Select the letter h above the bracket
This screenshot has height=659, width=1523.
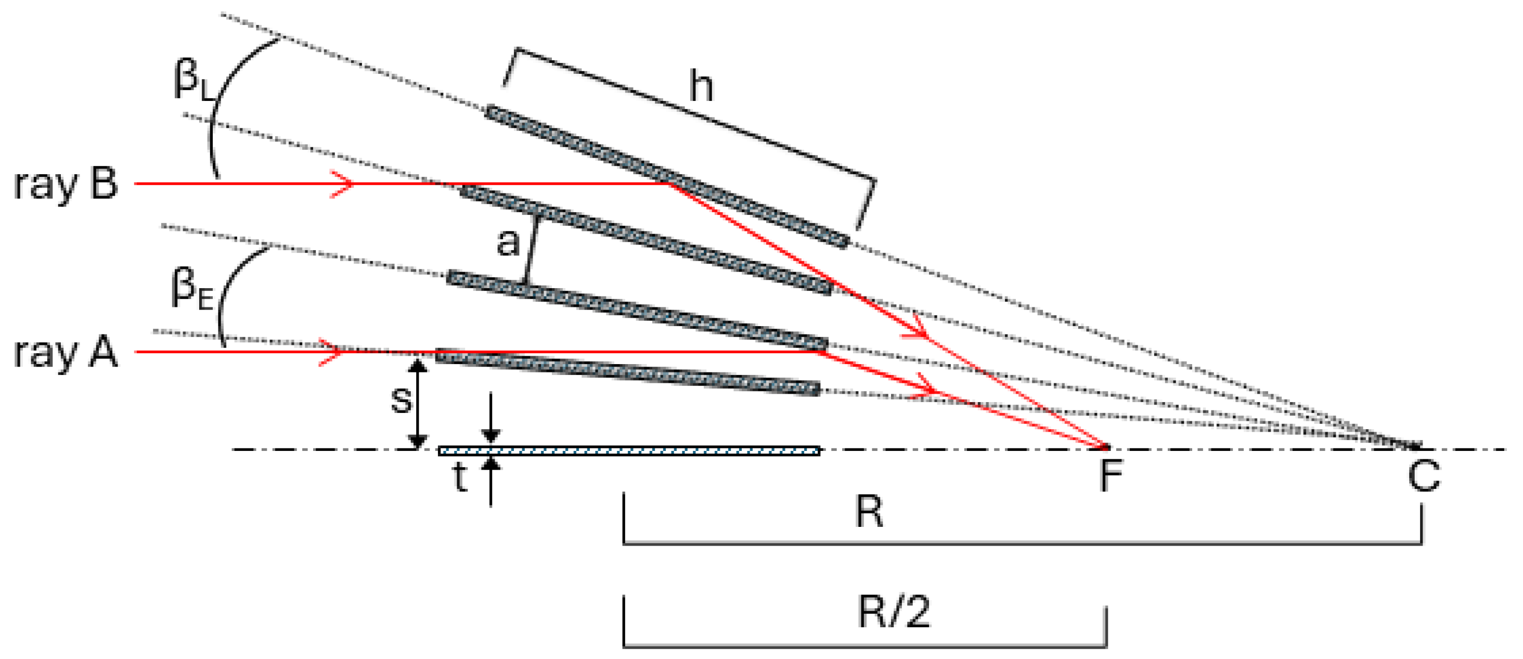701,86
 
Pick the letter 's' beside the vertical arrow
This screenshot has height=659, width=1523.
402,399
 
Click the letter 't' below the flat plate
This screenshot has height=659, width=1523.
460,477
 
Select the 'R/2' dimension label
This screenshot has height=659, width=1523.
894,612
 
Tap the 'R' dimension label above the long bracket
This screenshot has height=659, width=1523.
869,512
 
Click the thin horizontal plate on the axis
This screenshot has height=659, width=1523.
629,451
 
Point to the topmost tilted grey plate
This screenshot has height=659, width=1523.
666,176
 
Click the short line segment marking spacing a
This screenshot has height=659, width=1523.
532,251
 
